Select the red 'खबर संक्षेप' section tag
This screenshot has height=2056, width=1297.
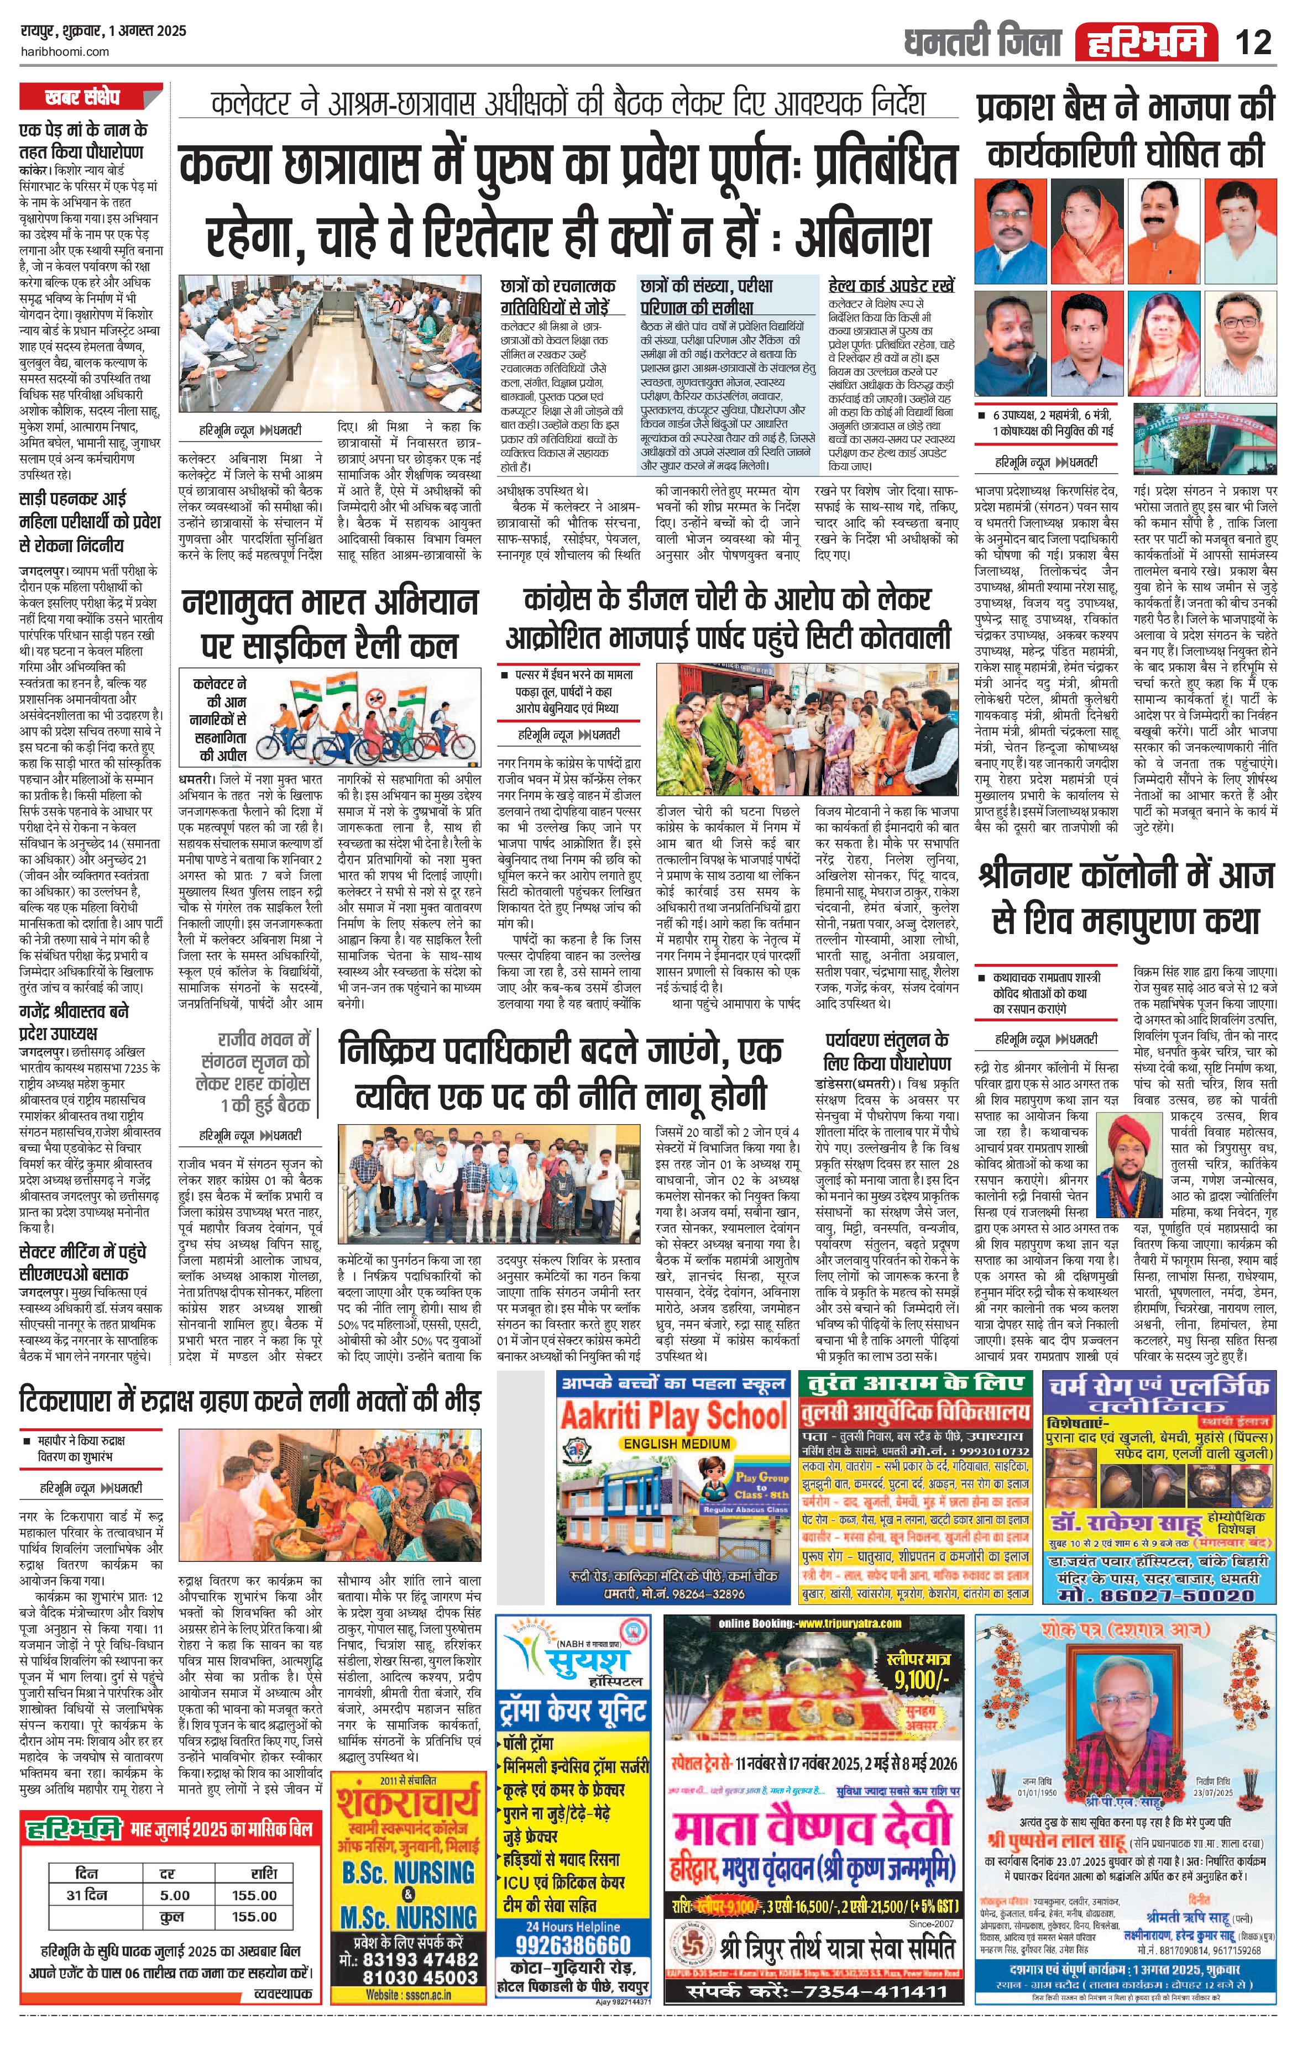[83, 97]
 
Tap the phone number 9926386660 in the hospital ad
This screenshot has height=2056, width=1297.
[573, 1944]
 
